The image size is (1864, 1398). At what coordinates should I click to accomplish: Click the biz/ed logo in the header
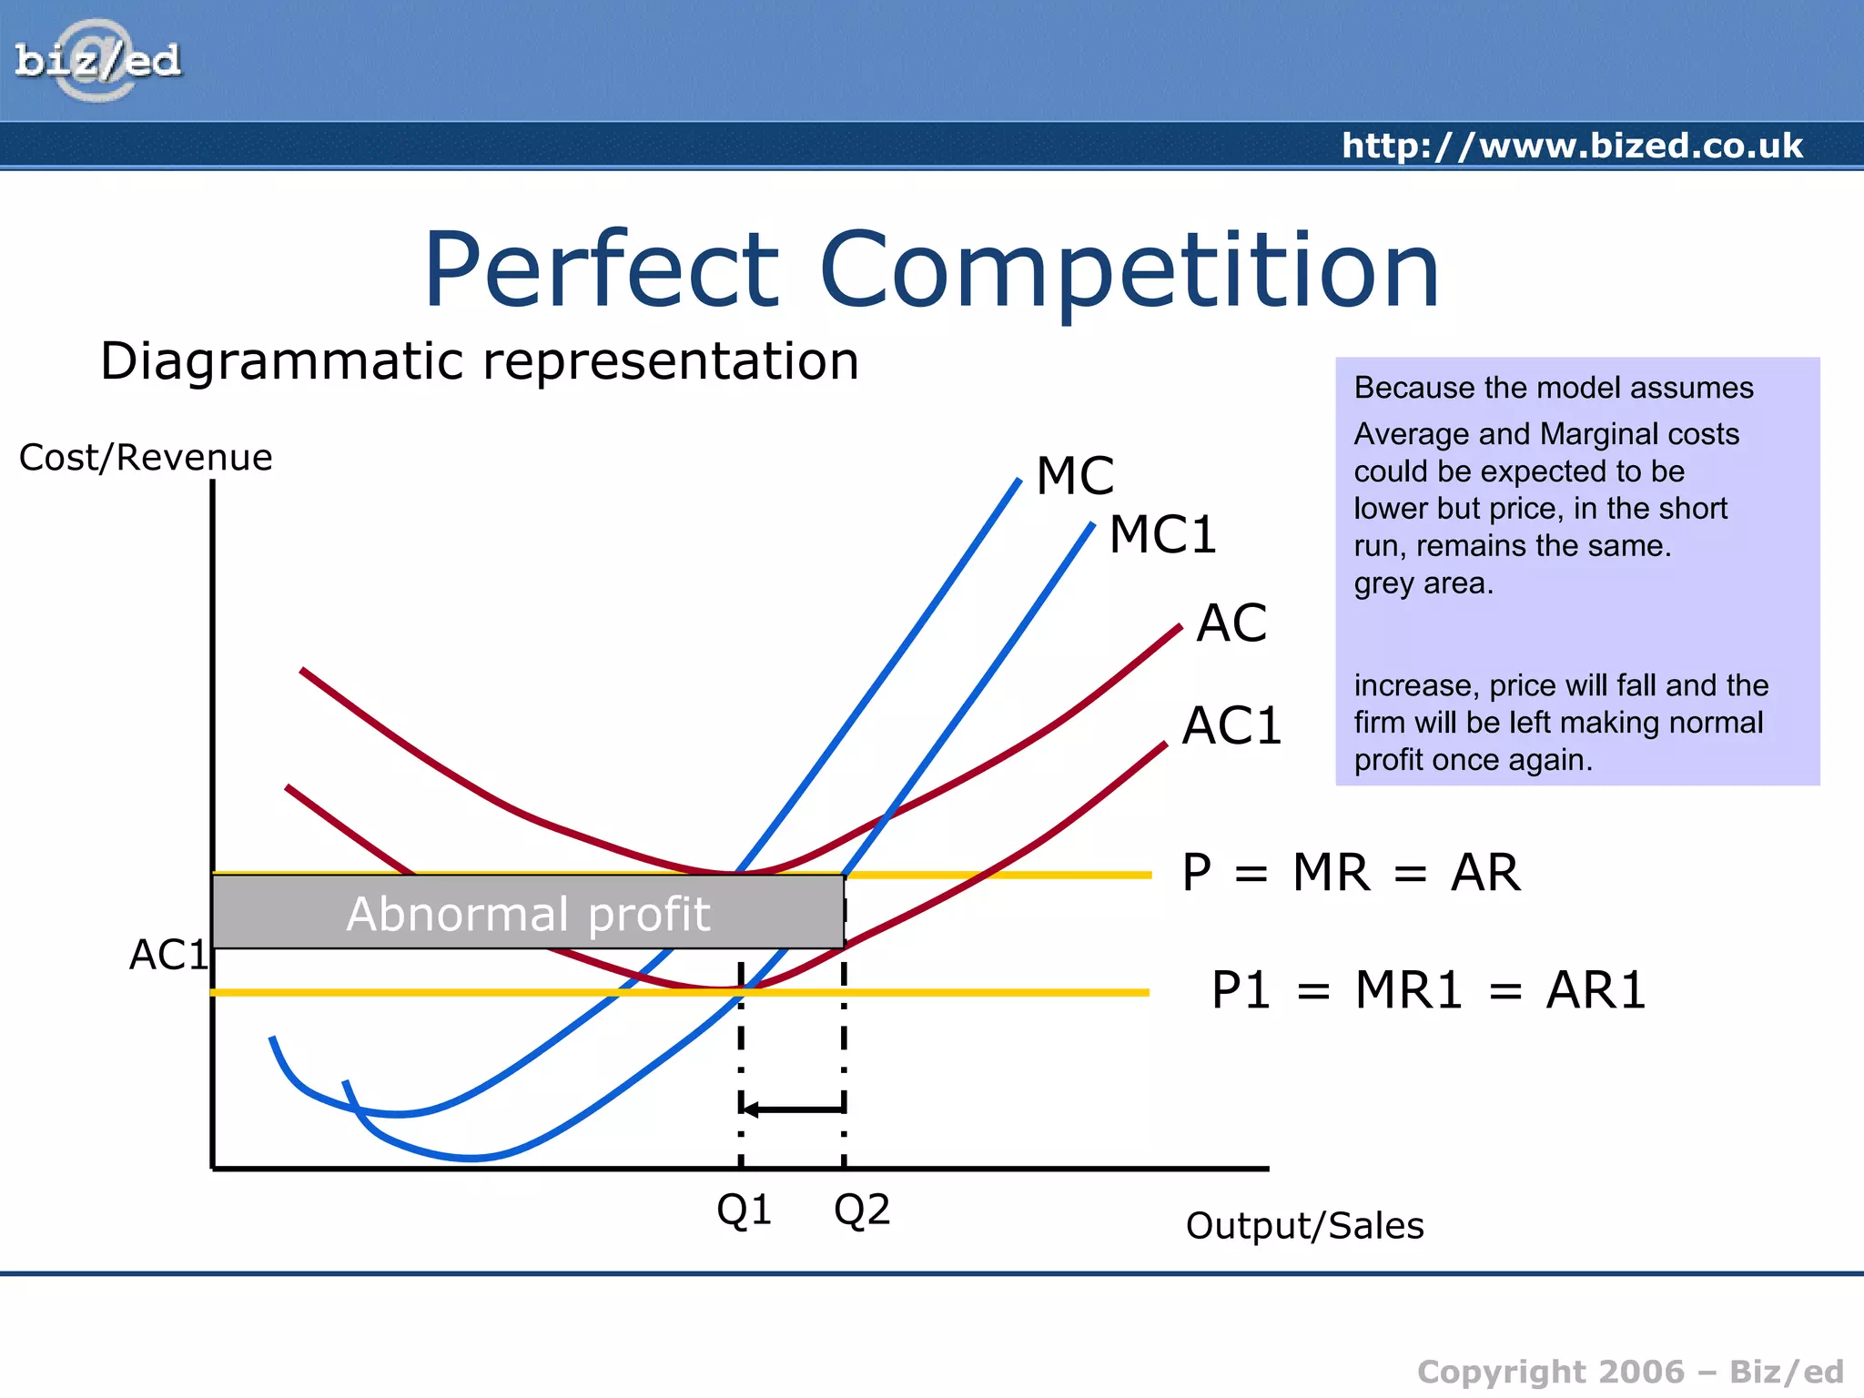(97, 61)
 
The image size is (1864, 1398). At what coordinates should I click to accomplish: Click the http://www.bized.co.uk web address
(1571, 146)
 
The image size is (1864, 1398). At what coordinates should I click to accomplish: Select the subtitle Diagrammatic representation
(480, 361)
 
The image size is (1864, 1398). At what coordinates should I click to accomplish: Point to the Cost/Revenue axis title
(146, 458)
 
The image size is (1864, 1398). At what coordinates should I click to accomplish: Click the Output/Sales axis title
(1304, 1226)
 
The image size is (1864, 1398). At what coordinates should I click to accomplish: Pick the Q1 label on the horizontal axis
(744, 1211)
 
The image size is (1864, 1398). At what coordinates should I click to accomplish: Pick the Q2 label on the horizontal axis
(861, 1211)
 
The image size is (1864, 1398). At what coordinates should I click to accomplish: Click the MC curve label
(1075, 476)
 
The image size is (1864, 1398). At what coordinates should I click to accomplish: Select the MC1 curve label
(1162, 534)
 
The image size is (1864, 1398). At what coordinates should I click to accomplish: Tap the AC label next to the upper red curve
(1231, 623)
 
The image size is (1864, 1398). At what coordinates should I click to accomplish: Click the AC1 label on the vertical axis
(167, 955)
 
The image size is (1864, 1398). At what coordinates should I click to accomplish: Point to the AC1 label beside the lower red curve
(1231, 726)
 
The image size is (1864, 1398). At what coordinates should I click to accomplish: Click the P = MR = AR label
(1350, 873)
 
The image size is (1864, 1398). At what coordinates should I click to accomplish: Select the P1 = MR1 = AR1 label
(1428, 990)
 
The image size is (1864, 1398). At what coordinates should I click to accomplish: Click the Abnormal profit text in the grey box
(528, 914)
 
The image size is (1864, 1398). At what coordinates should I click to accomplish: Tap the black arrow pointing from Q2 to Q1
(792, 1109)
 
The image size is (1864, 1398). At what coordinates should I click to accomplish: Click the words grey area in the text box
(1423, 583)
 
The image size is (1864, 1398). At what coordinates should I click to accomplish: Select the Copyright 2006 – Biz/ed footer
(1629, 1371)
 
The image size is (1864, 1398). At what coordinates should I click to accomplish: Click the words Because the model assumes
(1553, 388)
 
